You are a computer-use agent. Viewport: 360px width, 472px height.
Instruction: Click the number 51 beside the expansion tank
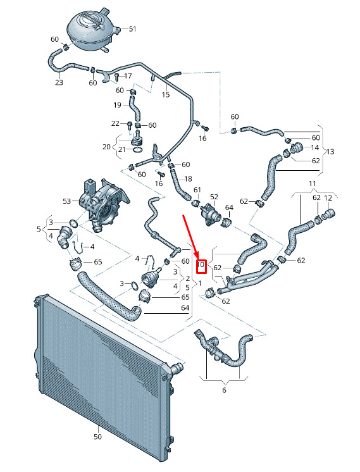132,29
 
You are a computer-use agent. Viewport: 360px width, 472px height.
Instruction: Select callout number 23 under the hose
59,82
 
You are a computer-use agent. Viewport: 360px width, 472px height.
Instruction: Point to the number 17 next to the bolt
128,76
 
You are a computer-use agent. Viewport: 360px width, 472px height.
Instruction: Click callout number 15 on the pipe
166,94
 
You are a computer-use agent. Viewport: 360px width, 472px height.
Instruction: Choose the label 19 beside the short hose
117,105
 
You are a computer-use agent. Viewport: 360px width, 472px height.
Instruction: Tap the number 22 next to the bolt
115,123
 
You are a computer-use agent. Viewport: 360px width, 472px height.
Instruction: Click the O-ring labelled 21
137,150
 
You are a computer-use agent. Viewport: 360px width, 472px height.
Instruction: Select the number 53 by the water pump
67,201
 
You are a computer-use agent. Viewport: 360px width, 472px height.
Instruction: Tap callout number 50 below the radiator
97,437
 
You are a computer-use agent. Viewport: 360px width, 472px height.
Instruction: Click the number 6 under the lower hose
224,390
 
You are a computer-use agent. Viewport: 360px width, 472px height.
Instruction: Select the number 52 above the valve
214,197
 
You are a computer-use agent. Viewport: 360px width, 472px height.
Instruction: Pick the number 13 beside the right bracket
330,151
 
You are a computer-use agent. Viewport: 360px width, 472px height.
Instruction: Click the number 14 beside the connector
315,147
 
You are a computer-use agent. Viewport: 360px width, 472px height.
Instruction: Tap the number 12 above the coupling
328,198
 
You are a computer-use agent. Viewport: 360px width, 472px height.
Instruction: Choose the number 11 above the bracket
312,183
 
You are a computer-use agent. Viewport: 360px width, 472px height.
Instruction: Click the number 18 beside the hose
188,179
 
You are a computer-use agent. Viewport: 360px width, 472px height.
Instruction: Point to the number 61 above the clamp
197,190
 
